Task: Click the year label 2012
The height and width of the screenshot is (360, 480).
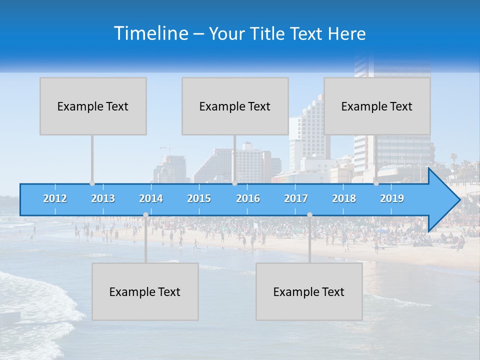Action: (55, 198)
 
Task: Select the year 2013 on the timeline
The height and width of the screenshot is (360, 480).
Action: (103, 198)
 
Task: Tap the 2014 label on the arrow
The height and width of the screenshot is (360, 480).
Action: (151, 198)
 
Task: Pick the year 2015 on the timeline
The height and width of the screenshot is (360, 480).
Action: (199, 198)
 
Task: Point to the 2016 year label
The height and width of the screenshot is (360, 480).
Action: (248, 198)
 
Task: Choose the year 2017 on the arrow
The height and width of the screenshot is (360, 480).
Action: (296, 198)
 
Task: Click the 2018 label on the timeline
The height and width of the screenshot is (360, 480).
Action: (344, 198)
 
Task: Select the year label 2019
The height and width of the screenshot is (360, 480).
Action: (392, 198)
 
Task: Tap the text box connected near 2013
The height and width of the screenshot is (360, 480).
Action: (93, 106)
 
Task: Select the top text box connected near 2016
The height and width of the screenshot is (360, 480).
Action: (235, 106)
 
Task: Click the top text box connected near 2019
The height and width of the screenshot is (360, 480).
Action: (377, 106)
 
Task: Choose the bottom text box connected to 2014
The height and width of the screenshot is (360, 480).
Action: (145, 291)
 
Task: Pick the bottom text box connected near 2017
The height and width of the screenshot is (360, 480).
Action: (309, 291)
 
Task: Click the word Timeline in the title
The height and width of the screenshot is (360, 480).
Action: (150, 33)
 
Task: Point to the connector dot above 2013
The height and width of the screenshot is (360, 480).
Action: (92, 183)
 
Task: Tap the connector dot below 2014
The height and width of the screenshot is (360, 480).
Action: (145, 215)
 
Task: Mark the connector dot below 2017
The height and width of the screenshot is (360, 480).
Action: (309, 215)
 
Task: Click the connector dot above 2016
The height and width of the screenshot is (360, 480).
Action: (234, 183)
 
